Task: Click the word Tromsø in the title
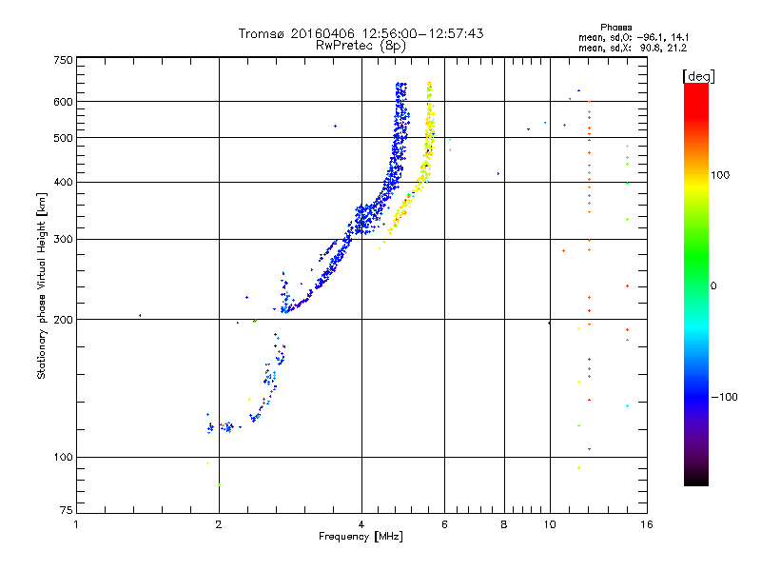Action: click(261, 33)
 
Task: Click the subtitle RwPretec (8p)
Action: click(361, 45)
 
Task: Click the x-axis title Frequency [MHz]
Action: click(361, 538)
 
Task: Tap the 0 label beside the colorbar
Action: click(714, 285)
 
